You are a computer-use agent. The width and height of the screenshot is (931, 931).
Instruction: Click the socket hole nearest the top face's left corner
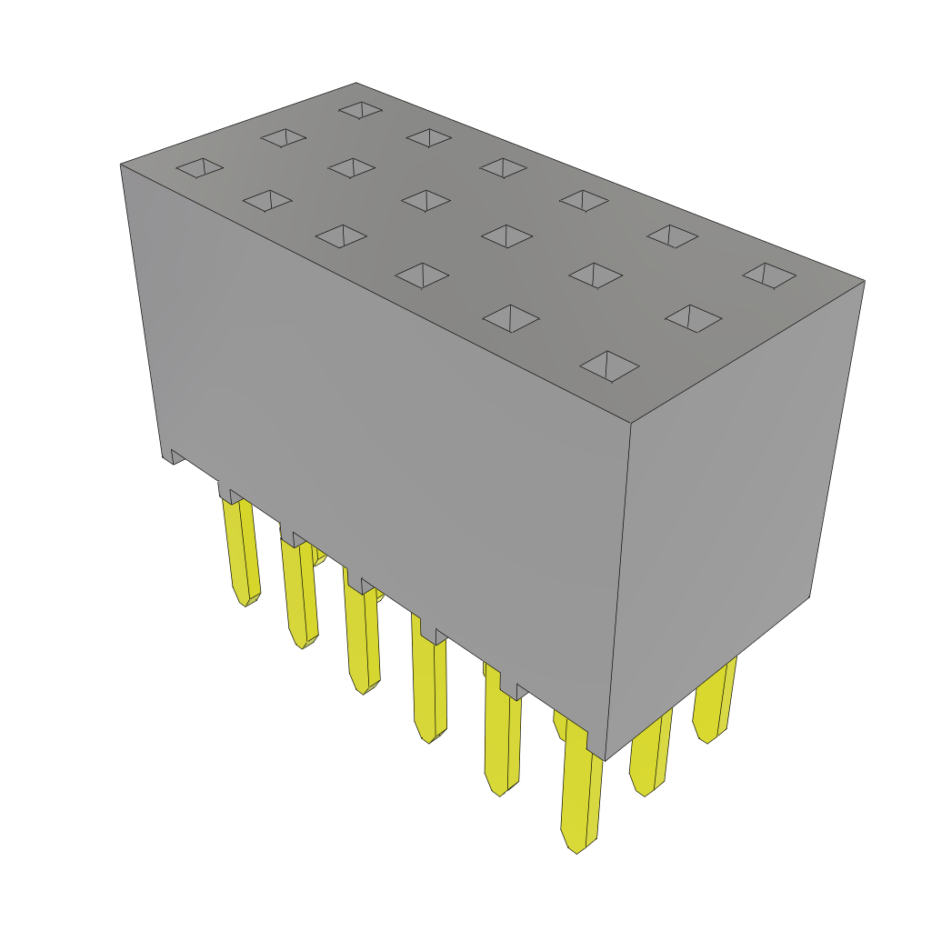pos(199,167)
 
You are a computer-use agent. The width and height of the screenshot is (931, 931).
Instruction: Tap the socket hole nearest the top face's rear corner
pos(361,109)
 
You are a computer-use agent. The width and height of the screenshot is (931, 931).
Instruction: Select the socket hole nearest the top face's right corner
pos(769,275)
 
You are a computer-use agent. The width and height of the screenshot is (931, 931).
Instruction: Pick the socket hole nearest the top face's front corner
pos(609,365)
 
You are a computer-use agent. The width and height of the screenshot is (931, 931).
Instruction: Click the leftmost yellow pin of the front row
pos(240,550)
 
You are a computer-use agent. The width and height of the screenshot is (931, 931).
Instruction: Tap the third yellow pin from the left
pos(362,636)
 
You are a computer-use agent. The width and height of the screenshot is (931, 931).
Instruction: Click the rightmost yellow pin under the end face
pos(715,700)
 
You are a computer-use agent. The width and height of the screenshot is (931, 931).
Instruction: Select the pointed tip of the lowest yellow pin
pos(576,850)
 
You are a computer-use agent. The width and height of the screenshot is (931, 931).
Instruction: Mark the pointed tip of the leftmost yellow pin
pos(245,602)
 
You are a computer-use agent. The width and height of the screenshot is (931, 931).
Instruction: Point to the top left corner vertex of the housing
pos(121,165)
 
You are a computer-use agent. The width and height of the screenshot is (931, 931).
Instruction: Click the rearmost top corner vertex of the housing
pos(356,84)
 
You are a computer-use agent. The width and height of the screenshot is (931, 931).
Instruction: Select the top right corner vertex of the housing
pos(864,281)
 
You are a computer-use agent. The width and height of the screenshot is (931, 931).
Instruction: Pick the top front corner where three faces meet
pos(630,423)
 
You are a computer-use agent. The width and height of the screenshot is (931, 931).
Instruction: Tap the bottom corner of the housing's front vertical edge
pos(605,760)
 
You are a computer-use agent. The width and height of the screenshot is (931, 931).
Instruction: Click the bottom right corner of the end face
pos(809,596)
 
